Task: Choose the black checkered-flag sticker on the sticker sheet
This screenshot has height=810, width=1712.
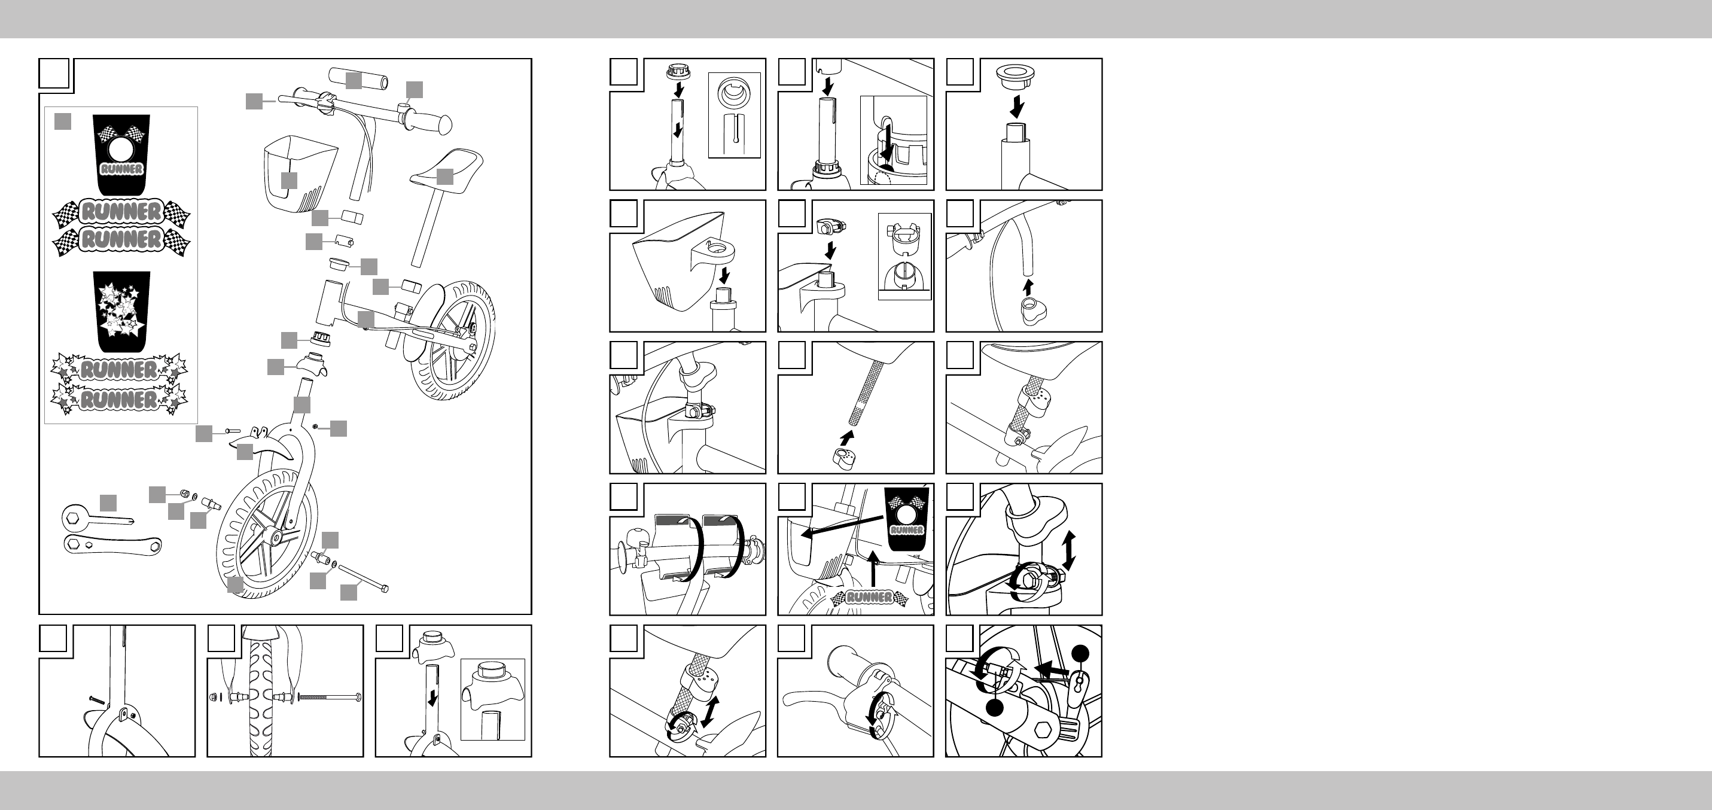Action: coord(121,155)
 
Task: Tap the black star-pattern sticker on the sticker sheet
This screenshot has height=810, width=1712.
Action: coord(121,312)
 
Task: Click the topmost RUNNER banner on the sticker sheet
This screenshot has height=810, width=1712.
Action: coord(121,212)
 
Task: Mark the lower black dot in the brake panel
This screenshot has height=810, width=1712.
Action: coord(994,708)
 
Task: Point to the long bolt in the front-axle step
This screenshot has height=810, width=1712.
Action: coord(330,697)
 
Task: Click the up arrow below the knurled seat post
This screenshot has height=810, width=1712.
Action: coord(846,438)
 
